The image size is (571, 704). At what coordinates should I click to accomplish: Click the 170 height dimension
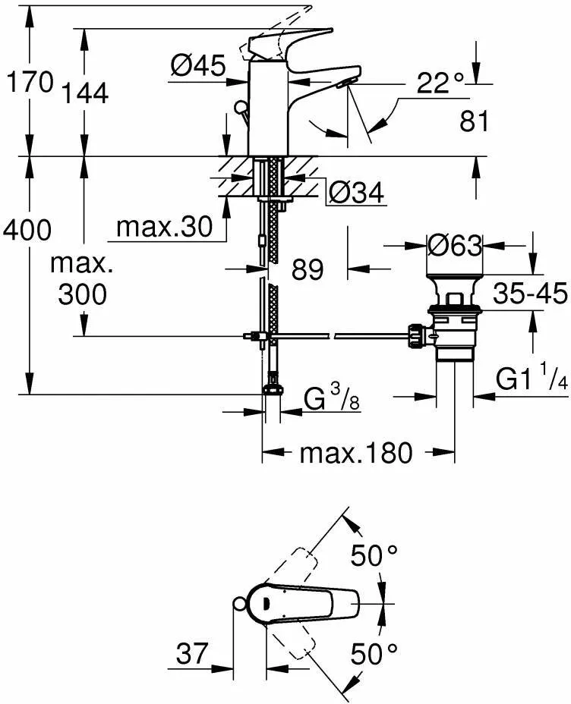[x=29, y=81]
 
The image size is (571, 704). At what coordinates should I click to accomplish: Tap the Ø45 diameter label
[x=197, y=68]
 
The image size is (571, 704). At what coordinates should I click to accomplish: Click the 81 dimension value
[x=474, y=121]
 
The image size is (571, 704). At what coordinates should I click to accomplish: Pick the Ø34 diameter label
[x=356, y=194]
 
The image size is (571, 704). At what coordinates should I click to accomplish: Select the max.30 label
[x=164, y=227]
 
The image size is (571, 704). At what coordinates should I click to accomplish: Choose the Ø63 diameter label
[x=454, y=245]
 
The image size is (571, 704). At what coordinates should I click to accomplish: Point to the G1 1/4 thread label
[x=532, y=379]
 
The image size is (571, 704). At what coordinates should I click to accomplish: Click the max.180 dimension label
[x=356, y=454]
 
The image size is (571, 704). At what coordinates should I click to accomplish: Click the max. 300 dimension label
[x=82, y=280]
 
